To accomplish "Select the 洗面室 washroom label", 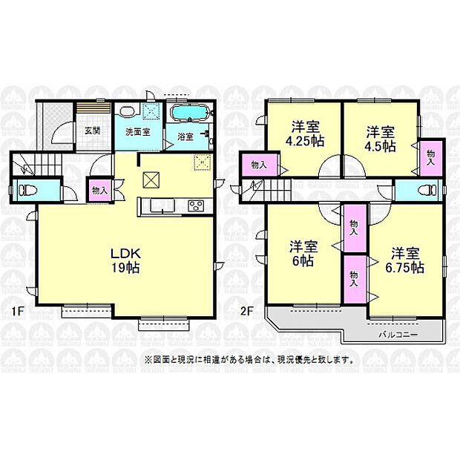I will click(x=137, y=132).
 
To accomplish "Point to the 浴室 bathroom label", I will click(x=185, y=137).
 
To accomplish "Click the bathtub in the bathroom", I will click(x=190, y=114).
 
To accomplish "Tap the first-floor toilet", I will click(x=27, y=189).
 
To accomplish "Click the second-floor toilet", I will click(x=427, y=188).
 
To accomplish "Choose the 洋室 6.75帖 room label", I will click(x=404, y=259).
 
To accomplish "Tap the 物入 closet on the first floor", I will click(x=99, y=190).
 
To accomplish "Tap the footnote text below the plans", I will click(x=249, y=360).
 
